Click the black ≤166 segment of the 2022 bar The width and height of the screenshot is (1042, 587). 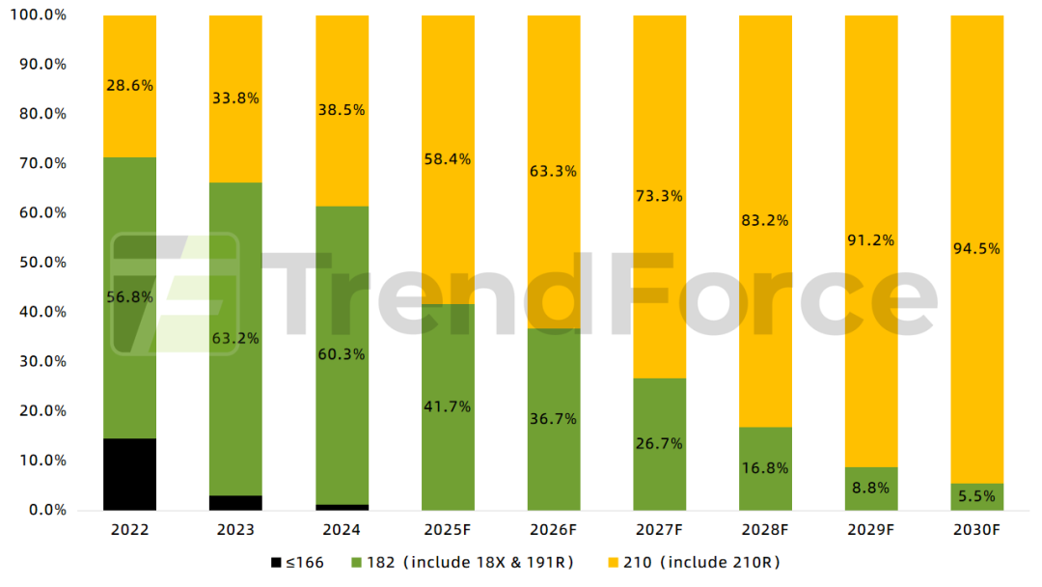tap(129, 474)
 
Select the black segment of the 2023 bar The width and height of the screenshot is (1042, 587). tap(235, 503)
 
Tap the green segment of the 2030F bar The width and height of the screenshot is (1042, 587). tap(976, 496)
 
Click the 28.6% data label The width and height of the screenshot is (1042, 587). tap(129, 85)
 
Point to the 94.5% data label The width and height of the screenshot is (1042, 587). tap(976, 248)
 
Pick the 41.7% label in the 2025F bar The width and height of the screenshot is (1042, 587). tap(448, 406)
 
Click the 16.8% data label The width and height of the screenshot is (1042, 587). tap(765, 468)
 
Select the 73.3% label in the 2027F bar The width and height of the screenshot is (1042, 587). tap(659, 195)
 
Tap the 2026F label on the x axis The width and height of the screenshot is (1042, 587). tap(553, 531)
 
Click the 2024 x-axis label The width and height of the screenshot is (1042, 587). tap(342, 531)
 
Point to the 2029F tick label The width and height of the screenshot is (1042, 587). tap(870, 531)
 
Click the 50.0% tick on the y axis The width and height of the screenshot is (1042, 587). tap(43, 263)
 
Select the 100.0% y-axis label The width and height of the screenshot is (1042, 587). tap(40, 14)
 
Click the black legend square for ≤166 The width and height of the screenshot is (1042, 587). tap(277, 562)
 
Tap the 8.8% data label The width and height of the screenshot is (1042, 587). tap(870, 488)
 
